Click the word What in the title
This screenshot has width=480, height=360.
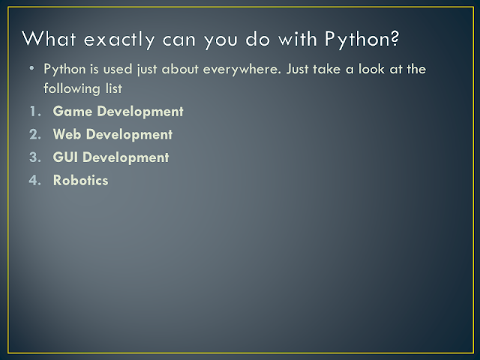(46, 37)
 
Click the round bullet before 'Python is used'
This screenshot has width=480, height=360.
(32, 70)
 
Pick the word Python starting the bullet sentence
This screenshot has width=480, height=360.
(62, 69)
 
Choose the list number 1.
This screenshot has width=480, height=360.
(35, 112)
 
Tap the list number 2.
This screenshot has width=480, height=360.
(35, 135)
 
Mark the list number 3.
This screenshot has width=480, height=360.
(35, 157)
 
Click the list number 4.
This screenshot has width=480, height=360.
(35, 181)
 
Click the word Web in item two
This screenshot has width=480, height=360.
(66, 135)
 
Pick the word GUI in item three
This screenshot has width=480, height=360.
(65, 157)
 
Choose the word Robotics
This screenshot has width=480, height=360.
(80, 181)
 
